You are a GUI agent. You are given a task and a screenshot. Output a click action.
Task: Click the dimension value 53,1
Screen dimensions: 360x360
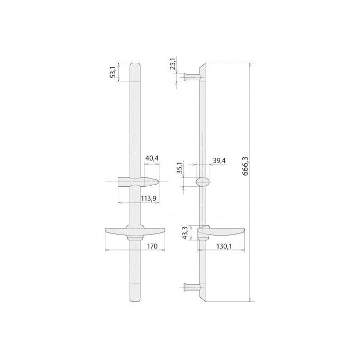[114, 71]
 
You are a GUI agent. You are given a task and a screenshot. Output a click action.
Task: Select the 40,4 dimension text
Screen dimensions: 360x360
[152, 158]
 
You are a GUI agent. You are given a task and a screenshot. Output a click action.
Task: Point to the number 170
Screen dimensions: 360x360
[152, 246]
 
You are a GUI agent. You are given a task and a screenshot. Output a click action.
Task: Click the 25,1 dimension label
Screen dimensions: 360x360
[173, 63]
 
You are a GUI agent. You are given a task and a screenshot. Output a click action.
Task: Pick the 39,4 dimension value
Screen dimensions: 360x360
[219, 160]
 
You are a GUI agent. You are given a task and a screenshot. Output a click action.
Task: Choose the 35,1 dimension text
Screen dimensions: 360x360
[180, 168]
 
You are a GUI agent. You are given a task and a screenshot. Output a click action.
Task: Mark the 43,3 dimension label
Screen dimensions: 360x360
[185, 233]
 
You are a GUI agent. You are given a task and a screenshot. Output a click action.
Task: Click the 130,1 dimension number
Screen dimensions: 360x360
[224, 246]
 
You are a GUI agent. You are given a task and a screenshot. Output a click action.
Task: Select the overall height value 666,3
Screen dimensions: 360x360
[245, 166]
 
